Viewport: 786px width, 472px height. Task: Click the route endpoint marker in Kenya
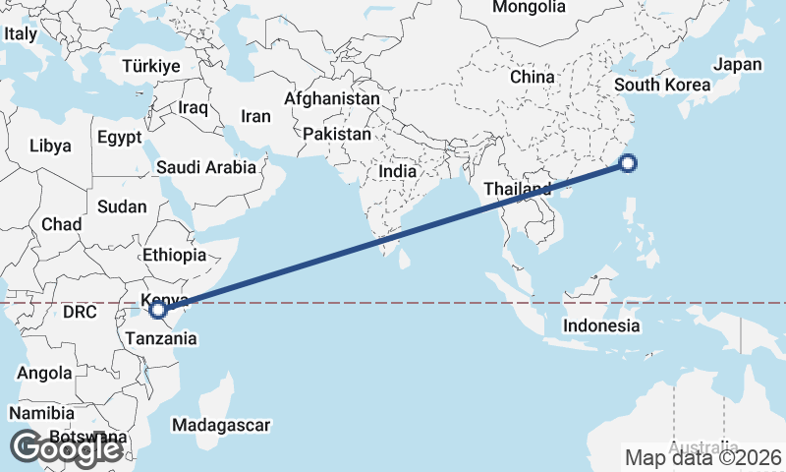(157, 311)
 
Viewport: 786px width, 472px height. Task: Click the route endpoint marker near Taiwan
(629, 164)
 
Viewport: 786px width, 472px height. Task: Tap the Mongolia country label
(530, 7)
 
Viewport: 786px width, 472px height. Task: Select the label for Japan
(738, 65)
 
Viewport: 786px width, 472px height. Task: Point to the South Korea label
(661, 85)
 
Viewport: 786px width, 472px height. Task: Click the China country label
(533, 77)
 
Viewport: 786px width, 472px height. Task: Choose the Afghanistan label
(331, 99)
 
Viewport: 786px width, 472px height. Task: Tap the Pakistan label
(337, 134)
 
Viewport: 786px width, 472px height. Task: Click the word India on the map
(398, 171)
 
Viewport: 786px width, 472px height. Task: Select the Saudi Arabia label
(206, 168)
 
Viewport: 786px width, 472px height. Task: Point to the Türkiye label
(151, 66)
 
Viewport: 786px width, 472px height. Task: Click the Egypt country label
(120, 138)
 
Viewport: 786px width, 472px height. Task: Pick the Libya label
(50, 146)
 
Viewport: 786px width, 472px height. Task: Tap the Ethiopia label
(174, 255)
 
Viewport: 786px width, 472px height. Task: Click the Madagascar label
(220, 425)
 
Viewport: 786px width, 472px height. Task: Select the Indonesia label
(602, 325)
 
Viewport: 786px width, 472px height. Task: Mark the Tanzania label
(160, 338)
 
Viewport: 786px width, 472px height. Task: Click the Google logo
(66, 448)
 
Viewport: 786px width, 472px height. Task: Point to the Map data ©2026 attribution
(703, 457)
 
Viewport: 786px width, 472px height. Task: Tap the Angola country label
(44, 374)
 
